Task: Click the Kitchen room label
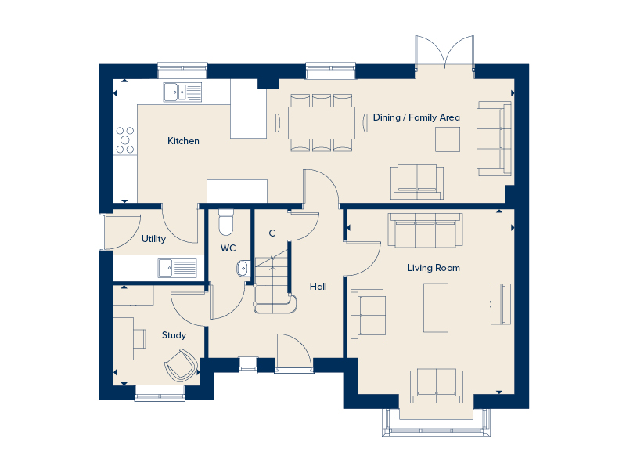(x=183, y=141)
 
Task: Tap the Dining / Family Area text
(x=416, y=117)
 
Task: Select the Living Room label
(x=434, y=268)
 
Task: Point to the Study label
(x=174, y=335)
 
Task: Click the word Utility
(x=153, y=239)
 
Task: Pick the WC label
(x=228, y=248)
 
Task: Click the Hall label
(x=318, y=287)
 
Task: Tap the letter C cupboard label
(x=272, y=233)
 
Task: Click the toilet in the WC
(x=226, y=222)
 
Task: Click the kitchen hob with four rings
(x=124, y=139)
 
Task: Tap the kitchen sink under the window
(x=182, y=92)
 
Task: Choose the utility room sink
(x=176, y=268)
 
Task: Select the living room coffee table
(x=435, y=307)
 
